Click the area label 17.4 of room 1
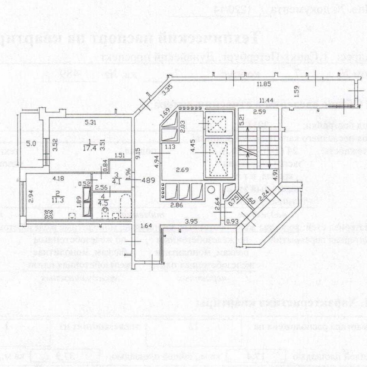click(88, 148)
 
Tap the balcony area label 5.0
click(31, 144)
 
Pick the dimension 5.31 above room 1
click(90, 122)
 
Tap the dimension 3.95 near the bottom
click(192, 221)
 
